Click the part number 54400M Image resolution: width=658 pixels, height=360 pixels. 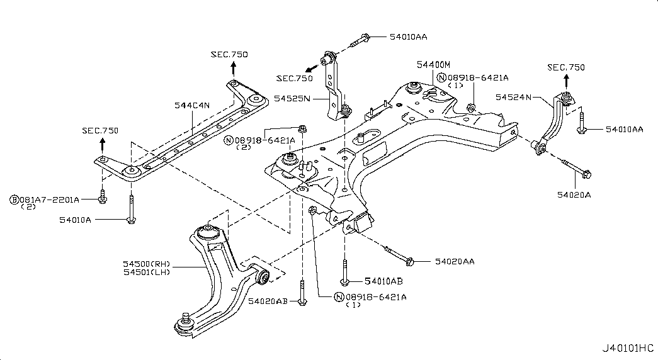[x=433, y=65]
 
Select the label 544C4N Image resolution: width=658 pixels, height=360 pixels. [x=192, y=105]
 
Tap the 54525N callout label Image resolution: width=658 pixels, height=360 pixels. [x=292, y=98]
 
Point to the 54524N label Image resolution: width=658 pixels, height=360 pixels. [x=514, y=97]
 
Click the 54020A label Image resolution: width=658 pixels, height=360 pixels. [x=574, y=194]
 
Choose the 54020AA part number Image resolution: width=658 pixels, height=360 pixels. [x=455, y=261]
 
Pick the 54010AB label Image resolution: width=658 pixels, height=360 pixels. [x=383, y=281]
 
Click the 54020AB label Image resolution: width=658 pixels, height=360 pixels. [x=268, y=301]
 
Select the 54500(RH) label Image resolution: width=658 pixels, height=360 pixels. [x=147, y=264]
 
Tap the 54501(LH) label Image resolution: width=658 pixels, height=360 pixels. [x=147, y=273]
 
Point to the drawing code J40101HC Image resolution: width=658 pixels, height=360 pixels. [x=628, y=348]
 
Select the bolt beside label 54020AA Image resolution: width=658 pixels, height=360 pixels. [x=399, y=256]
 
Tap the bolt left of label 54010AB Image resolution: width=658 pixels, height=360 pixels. [x=345, y=273]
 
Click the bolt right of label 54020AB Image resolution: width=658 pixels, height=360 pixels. [x=302, y=292]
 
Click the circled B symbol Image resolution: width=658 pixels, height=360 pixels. [x=14, y=200]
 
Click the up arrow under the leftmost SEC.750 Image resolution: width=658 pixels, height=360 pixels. [x=102, y=144]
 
